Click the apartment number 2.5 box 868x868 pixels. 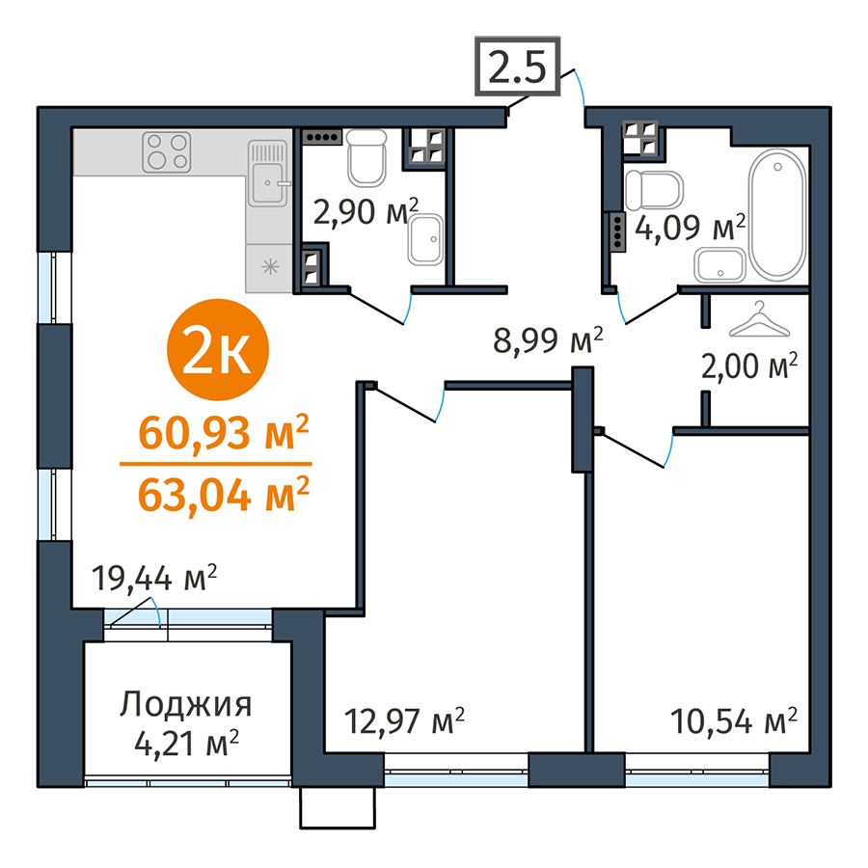(x=518, y=67)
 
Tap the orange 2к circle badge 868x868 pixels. (x=218, y=350)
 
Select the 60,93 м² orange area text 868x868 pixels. (x=223, y=433)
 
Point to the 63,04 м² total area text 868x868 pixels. (x=223, y=496)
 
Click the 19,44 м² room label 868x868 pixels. (x=154, y=579)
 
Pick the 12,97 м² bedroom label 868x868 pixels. (x=404, y=720)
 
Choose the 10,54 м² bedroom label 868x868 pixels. (x=734, y=720)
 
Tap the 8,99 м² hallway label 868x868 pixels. (x=548, y=340)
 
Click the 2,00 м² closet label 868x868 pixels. (x=749, y=366)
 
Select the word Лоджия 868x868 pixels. (x=186, y=705)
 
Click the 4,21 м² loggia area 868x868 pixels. (x=187, y=744)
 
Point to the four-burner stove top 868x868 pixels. (x=167, y=152)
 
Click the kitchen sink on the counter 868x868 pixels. (x=268, y=174)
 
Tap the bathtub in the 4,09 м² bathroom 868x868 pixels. (x=777, y=214)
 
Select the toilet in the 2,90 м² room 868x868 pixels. (x=366, y=157)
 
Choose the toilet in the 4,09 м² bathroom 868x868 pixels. (x=654, y=190)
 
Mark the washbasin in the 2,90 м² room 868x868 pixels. (x=425, y=239)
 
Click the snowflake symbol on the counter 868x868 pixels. (x=270, y=267)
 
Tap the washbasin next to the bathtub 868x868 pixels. (x=720, y=265)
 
